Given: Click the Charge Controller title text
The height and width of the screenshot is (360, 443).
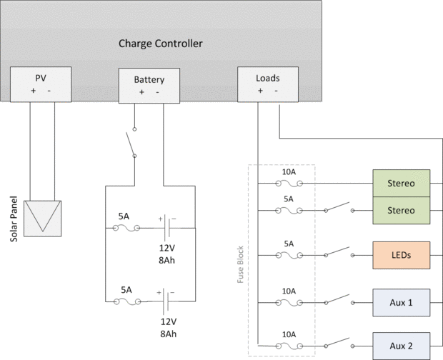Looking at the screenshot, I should click(x=160, y=44).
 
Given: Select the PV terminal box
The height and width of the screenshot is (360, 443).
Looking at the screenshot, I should click(x=40, y=84).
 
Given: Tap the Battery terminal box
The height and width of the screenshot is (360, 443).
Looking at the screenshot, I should click(x=149, y=85).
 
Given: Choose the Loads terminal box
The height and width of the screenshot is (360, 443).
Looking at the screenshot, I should click(x=267, y=84).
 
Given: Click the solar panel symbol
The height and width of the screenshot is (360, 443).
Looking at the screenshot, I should click(x=42, y=217).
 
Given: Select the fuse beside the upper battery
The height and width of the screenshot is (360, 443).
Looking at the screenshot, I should click(x=126, y=228).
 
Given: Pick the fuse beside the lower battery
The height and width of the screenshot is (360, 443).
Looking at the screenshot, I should click(x=126, y=301).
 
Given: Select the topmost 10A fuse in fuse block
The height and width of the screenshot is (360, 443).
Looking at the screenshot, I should click(x=289, y=182).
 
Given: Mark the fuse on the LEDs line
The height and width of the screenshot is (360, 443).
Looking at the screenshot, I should click(x=289, y=254).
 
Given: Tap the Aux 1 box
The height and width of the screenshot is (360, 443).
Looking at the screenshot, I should click(x=401, y=303).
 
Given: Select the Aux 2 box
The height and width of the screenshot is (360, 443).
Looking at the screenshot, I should click(x=401, y=346).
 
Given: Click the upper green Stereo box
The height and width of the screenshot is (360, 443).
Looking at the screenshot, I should click(x=401, y=182).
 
